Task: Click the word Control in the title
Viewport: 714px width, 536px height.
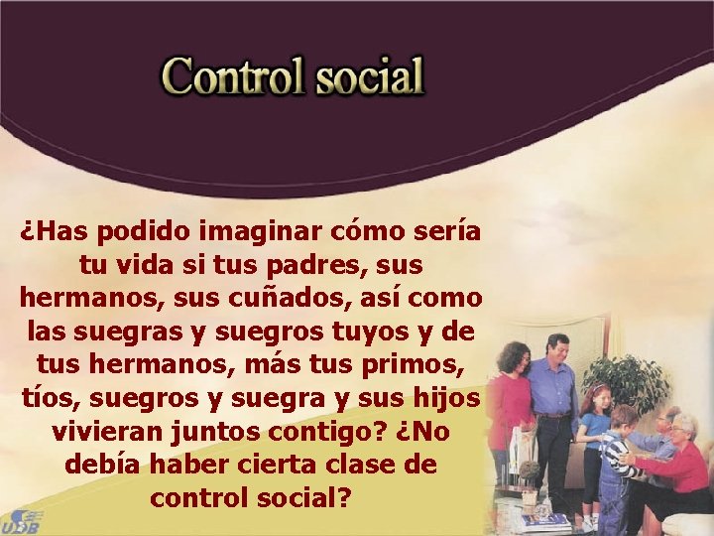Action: tap(233, 75)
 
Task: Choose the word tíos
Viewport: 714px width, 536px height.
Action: tap(46, 398)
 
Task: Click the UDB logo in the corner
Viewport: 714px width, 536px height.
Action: tap(22, 520)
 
